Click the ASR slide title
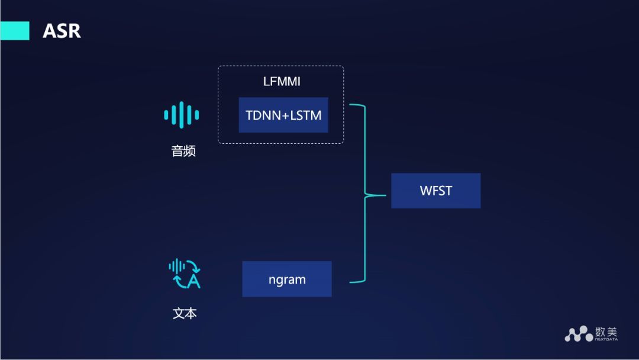pyautogui.click(x=62, y=31)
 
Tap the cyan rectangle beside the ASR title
pyautogui.click(x=14, y=31)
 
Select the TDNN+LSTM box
pyautogui.click(x=283, y=115)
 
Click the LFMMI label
pyautogui.click(x=282, y=82)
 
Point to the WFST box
pyautogui.click(x=435, y=191)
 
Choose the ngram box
pyautogui.click(x=287, y=279)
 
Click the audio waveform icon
pyautogui.click(x=182, y=114)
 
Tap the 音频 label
pyautogui.click(x=183, y=152)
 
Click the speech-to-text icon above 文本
pyautogui.click(x=185, y=274)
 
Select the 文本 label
pyautogui.click(x=185, y=313)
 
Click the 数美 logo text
pyautogui.click(x=606, y=331)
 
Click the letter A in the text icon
pyautogui.click(x=193, y=281)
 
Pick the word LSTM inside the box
pyautogui.click(x=306, y=115)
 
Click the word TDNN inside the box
pyautogui.click(x=264, y=115)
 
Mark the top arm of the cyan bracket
pyautogui.click(x=356, y=107)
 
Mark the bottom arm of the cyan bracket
pyautogui.click(x=356, y=281)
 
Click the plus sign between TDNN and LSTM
pyautogui.click(x=286, y=115)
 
